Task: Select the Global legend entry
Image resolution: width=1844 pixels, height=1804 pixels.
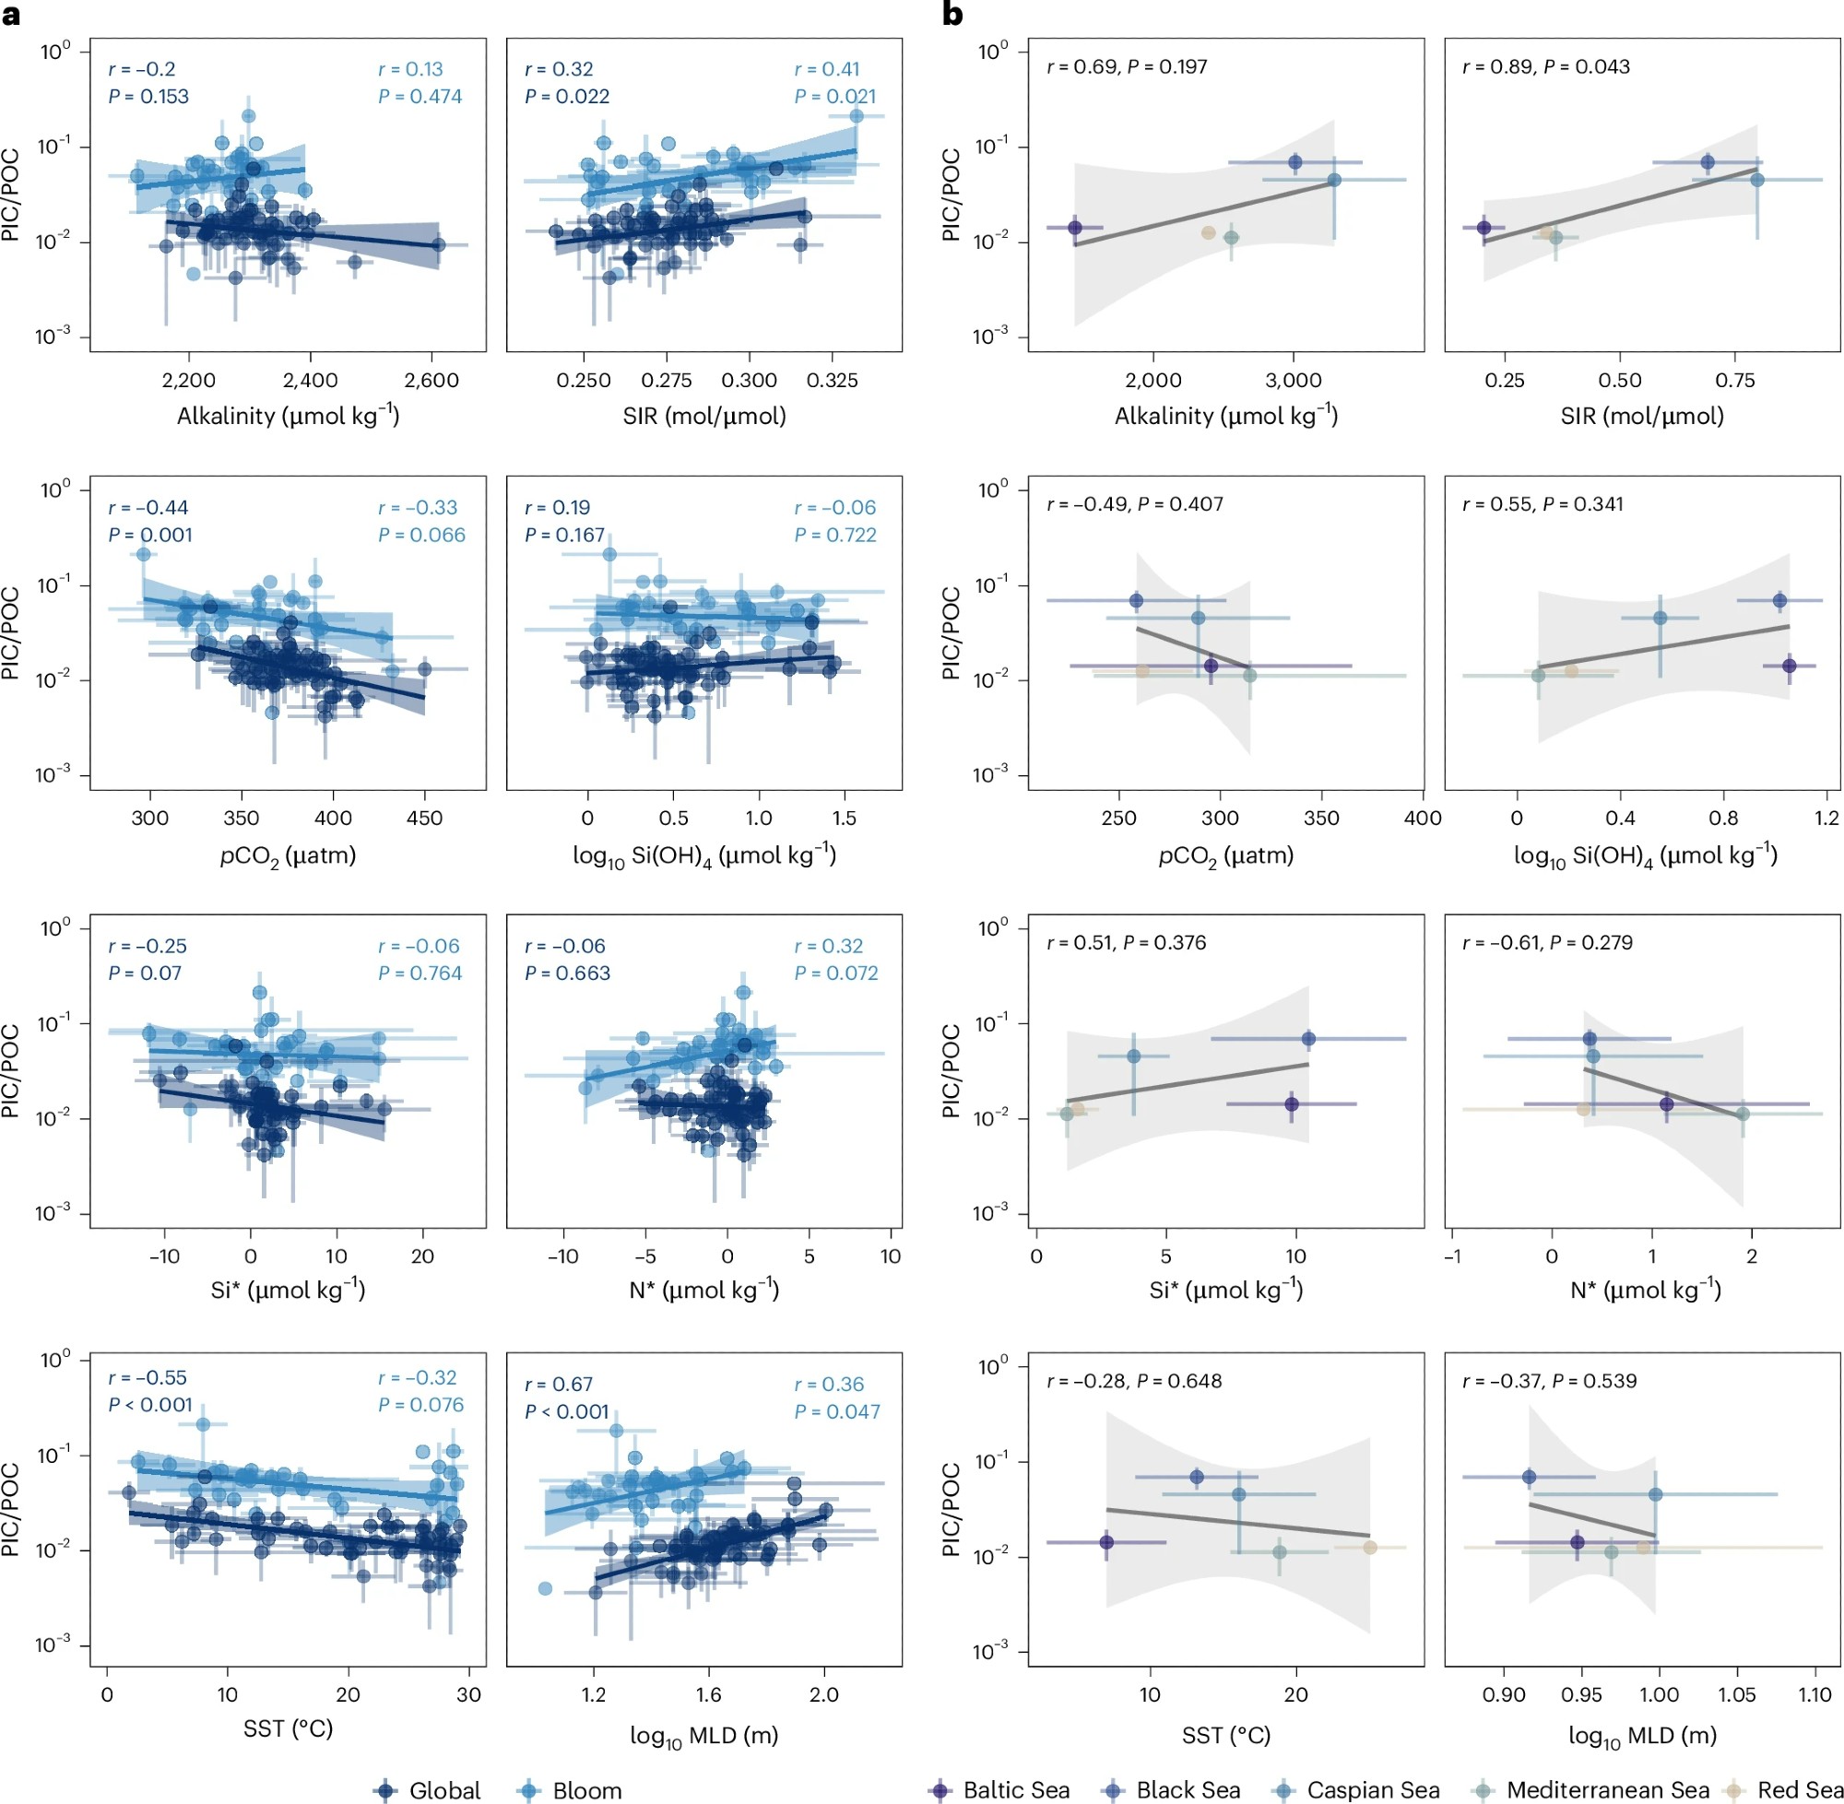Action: pyautogui.click(x=429, y=1790)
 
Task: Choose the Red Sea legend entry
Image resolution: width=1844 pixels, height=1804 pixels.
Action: pyautogui.click(x=1786, y=1789)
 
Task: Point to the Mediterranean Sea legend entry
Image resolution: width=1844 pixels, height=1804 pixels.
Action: pyautogui.click(x=1593, y=1789)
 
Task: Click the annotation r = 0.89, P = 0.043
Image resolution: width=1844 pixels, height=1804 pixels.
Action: pyautogui.click(x=1545, y=66)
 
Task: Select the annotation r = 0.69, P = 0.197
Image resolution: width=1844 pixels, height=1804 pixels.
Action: pyautogui.click(x=1127, y=66)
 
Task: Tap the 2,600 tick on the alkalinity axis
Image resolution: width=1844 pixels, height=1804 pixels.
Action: pyautogui.click(x=431, y=381)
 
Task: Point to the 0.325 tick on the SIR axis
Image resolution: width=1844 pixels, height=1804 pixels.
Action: pyautogui.click(x=832, y=381)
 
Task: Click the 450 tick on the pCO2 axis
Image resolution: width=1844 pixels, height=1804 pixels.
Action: pyautogui.click(x=423, y=819)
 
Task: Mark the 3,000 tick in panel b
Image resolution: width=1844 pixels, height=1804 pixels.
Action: pyautogui.click(x=1294, y=381)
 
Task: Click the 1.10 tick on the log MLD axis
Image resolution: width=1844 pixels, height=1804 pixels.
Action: pyautogui.click(x=1814, y=1695)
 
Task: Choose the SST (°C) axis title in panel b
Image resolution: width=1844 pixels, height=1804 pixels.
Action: pyautogui.click(x=1225, y=1735)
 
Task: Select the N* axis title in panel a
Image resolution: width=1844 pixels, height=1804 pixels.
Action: pyautogui.click(x=703, y=1290)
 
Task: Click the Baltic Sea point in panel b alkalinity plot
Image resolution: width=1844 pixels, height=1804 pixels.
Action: pyautogui.click(x=1074, y=228)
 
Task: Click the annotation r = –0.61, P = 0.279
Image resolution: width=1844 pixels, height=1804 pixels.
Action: pyautogui.click(x=1547, y=943)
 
